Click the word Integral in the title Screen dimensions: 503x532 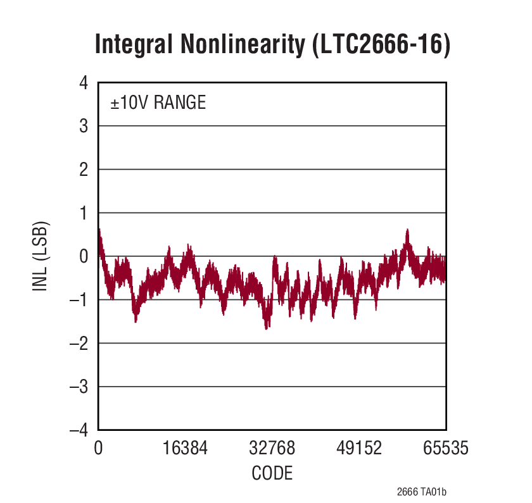click(x=132, y=46)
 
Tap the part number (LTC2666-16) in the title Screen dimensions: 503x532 click(x=381, y=46)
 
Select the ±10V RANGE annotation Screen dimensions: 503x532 click(x=158, y=102)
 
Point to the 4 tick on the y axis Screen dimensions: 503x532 click(x=83, y=83)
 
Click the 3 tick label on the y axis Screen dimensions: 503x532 click(x=83, y=127)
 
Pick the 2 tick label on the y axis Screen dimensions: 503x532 click(x=83, y=170)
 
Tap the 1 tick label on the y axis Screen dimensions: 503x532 click(x=83, y=213)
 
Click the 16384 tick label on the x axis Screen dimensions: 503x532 click(x=185, y=449)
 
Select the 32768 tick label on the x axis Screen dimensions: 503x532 click(x=272, y=449)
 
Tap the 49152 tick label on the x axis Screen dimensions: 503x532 click(x=358, y=449)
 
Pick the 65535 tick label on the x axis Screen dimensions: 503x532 click(x=445, y=449)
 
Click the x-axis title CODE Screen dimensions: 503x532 click(x=272, y=473)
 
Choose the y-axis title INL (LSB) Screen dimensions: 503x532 click(x=41, y=256)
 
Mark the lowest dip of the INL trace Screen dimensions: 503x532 click(x=267, y=328)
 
